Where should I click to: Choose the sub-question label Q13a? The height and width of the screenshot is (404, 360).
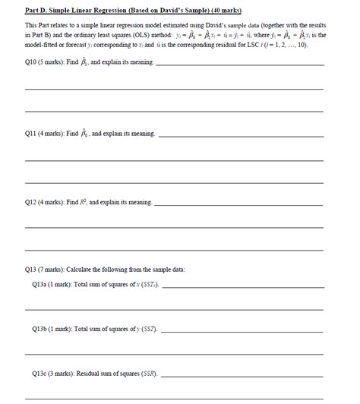[39, 285]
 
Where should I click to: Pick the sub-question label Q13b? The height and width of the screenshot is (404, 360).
[39, 330]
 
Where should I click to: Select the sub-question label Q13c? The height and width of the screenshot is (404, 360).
[39, 374]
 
